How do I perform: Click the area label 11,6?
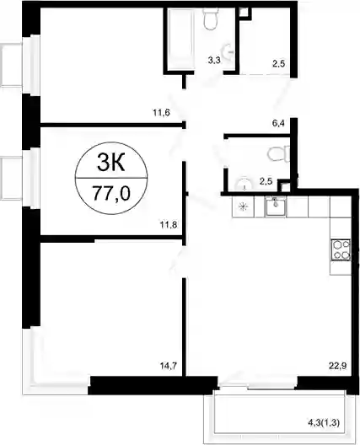[x=161, y=113]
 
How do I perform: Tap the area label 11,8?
[x=169, y=225]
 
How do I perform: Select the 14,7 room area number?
[x=169, y=366]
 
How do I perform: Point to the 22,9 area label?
[x=338, y=366]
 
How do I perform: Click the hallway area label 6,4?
[x=278, y=123]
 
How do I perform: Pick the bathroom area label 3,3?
[x=214, y=60]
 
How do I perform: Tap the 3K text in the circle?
[x=110, y=164]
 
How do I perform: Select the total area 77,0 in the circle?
[x=111, y=194]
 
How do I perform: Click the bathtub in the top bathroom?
[x=181, y=39]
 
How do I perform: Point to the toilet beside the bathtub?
[x=211, y=19]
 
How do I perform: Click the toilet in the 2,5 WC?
[x=278, y=154]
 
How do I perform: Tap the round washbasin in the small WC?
[x=244, y=185]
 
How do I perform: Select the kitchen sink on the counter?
[x=276, y=206]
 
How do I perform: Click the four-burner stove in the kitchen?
[x=341, y=250]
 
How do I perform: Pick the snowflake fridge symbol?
[x=244, y=206]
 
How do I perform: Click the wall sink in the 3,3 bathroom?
[x=228, y=51]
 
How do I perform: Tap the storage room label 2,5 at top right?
[x=278, y=63]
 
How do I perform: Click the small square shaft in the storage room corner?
[x=244, y=13]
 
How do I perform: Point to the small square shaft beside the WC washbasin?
[x=284, y=186]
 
